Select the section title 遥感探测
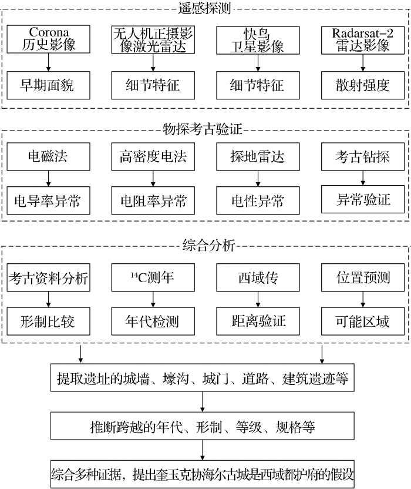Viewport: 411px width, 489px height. click(205, 8)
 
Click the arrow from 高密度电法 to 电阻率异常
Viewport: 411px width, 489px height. click(153, 178)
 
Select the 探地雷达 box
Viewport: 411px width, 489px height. click(258, 156)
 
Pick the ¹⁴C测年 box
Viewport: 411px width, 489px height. click(153, 276)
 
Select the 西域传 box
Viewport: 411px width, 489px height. click(258, 276)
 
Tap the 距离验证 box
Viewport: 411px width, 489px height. click(258, 321)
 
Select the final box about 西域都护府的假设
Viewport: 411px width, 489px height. click(203, 473)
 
